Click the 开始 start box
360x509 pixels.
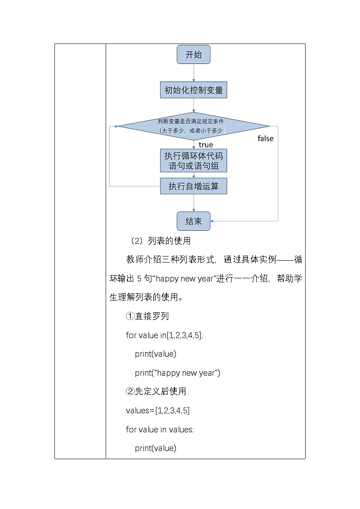pos(194,55)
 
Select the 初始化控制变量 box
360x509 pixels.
pos(194,90)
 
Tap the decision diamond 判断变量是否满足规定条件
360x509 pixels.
pos(194,126)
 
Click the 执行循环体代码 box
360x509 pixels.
pos(194,160)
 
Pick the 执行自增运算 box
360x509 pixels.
pos(194,186)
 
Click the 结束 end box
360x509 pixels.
pos(194,221)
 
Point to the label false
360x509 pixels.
pos(265,138)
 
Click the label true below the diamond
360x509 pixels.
pos(205,145)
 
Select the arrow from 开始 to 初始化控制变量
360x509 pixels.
pos(194,73)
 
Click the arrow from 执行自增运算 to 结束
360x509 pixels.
pos(194,203)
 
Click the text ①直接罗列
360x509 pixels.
pos(147,316)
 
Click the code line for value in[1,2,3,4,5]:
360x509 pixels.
pos(165,335)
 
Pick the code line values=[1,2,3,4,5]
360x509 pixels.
pos(158,410)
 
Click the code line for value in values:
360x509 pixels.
pos(160,429)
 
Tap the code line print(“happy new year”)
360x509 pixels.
pos(177,373)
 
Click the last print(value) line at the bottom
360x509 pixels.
pos(156,448)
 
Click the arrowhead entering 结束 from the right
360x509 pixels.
pos(212,221)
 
